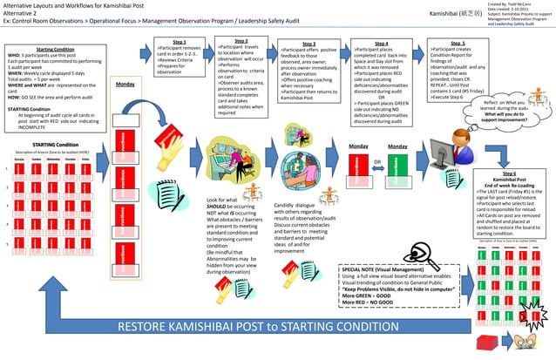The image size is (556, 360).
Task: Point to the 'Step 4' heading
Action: (x=381, y=44)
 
